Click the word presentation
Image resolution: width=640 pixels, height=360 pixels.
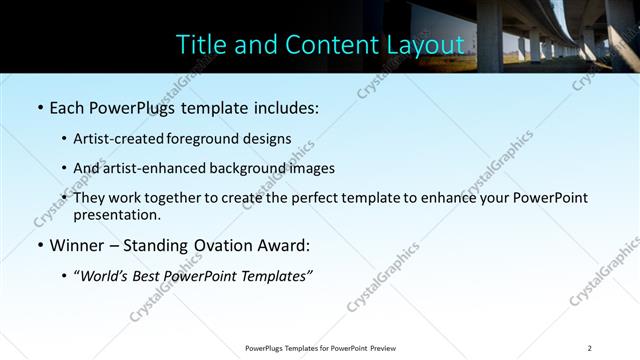point(116,214)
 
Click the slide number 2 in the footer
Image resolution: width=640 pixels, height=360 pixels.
point(589,348)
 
